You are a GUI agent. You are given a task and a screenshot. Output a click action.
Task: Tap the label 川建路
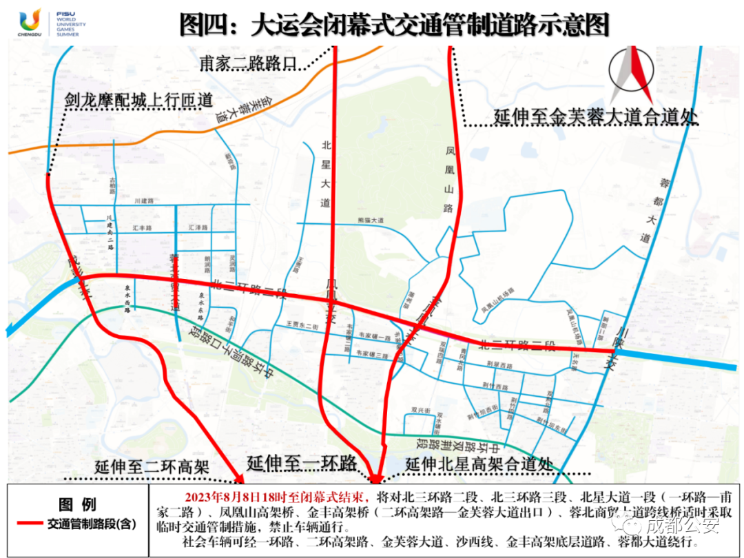coord(144,200)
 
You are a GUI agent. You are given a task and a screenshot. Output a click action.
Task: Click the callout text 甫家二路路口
coord(247,63)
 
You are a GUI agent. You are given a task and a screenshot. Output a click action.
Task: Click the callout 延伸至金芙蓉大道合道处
coord(595,117)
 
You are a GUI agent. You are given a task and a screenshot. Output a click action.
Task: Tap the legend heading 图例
coord(77,505)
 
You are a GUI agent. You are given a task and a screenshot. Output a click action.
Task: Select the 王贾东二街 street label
coord(301,324)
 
